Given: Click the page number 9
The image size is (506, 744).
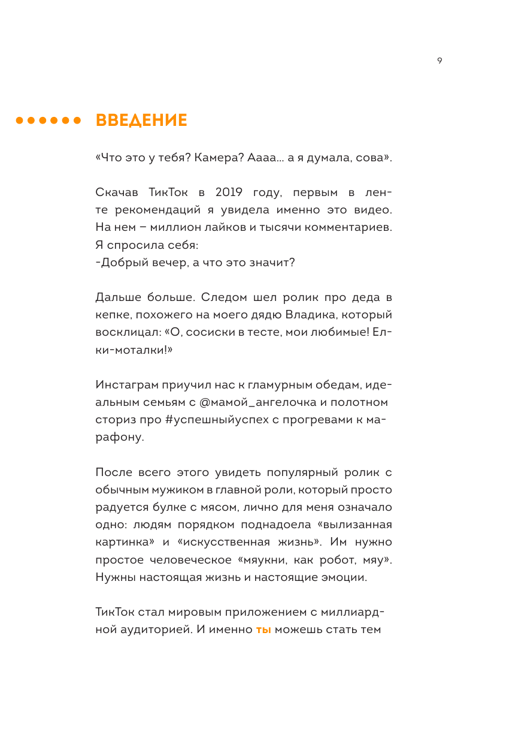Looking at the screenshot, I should (x=440, y=61).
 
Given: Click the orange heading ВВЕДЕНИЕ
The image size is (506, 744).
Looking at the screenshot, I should (x=141, y=121).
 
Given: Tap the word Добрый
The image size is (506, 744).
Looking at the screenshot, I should (x=122, y=263).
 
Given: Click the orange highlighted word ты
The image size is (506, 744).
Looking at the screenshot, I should (x=263, y=629).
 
